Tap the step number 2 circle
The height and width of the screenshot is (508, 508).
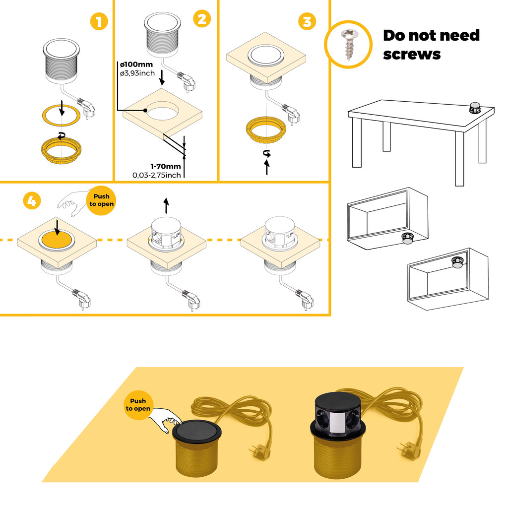point(202,19)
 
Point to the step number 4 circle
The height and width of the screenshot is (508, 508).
point(31,201)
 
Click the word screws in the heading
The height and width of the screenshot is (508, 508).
point(411,54)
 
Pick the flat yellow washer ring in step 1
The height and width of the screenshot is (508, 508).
point(61,115)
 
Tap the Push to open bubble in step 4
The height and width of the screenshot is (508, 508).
point(101,200)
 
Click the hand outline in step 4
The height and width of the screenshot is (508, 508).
point(70,203)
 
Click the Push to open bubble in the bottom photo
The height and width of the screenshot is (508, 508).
point(138,405)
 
